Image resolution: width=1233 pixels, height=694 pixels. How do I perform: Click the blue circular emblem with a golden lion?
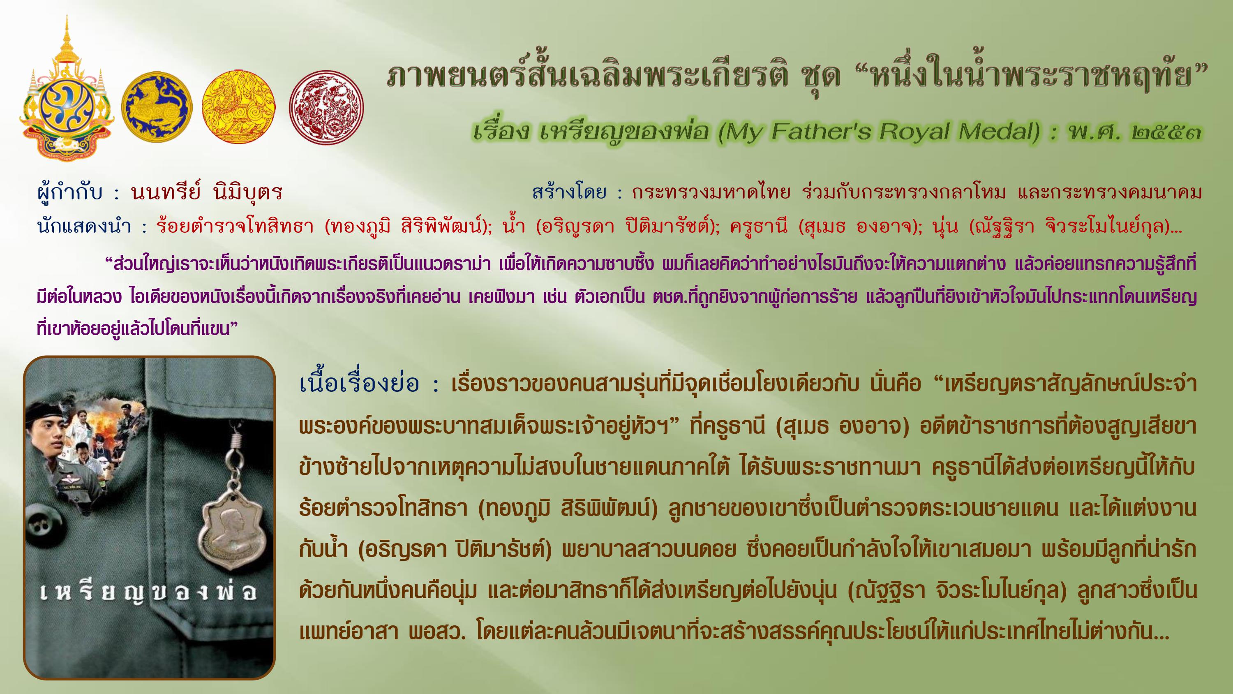pos(156,107)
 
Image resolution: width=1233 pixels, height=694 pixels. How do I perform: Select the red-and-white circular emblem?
pos(326,107)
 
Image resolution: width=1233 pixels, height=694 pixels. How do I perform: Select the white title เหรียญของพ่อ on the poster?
pos(148,593)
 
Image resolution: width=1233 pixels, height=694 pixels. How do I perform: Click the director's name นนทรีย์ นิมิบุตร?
pos(207,192)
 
